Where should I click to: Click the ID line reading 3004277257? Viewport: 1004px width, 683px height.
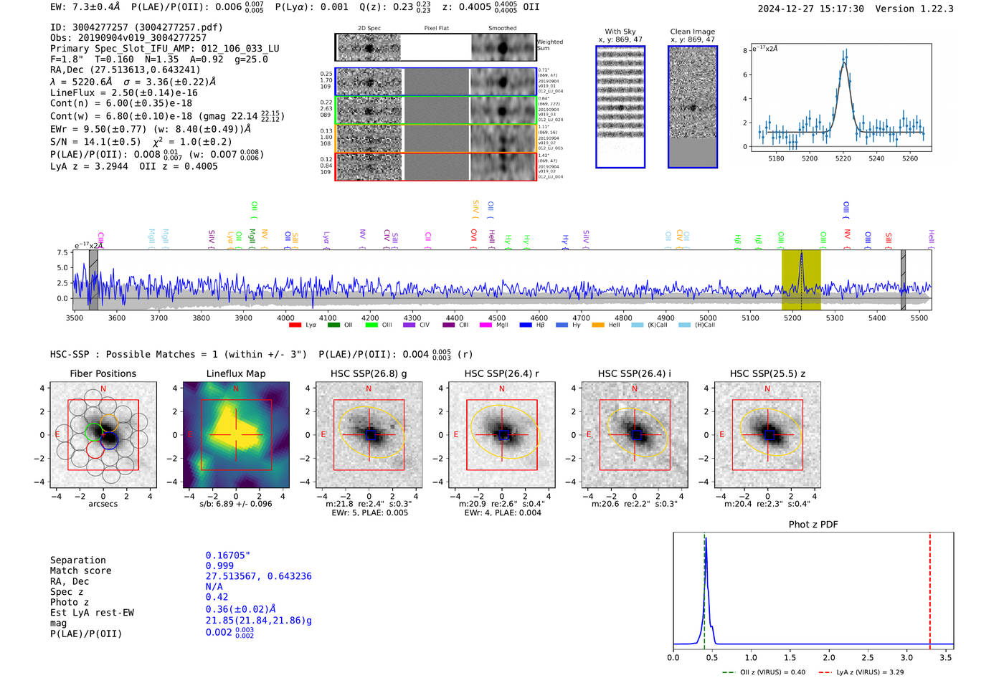pos(136,27)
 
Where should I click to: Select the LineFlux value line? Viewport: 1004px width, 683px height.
pos(123,92)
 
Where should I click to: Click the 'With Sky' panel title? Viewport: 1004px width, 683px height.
pos(620,32)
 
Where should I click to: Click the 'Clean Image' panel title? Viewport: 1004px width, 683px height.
pos(692,32)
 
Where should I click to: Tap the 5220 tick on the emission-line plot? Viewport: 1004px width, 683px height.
pos(843,158)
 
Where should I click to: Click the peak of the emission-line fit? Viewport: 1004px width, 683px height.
pos(844,62)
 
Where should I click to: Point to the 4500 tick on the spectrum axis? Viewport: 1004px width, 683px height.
pos(497,318)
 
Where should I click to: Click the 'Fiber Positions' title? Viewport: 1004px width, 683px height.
pos(103,373)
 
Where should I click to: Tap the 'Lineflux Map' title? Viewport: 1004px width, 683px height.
pos(235,373)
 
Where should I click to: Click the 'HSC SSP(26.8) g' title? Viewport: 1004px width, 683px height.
pos(369,373)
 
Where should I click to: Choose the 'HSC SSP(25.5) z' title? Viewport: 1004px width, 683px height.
pos(767,373)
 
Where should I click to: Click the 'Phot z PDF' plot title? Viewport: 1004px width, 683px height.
pos(813,525)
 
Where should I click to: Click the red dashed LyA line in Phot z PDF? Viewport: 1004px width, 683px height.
pos(929,588)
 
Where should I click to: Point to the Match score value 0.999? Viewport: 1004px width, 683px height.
pos(219,566)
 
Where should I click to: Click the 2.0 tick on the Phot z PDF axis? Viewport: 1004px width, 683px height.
pos(829,657)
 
